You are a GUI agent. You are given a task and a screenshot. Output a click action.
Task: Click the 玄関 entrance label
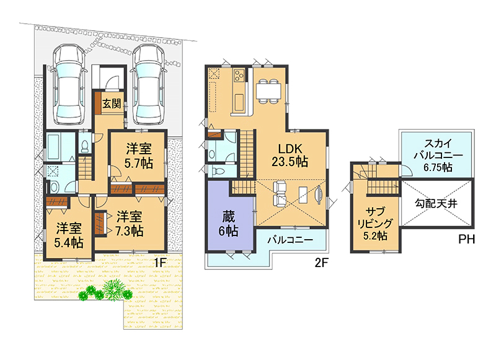tap(112, 103)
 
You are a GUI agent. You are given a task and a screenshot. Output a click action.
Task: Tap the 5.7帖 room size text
tap(138, 164)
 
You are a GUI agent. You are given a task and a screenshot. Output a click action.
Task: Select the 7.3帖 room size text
tap(129, 231)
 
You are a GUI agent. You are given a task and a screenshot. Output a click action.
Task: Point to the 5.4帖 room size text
tap(69, 242)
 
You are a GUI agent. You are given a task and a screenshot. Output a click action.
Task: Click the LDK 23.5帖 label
tap(290, 155)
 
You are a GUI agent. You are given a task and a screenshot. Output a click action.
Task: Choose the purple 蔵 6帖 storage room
tap(230, 216)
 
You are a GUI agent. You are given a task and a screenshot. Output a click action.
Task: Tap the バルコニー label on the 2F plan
tap(290, 240)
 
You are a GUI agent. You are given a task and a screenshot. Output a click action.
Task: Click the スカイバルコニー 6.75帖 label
tap(438, 155)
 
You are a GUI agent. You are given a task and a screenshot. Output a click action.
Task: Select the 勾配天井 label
tap(436, 204)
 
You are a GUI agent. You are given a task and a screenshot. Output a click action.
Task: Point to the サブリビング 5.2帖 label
tap(375, 224)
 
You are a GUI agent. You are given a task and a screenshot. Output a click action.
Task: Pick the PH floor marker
tap(467, 240)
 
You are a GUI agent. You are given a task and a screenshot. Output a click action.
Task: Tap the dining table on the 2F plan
tap(268, 91)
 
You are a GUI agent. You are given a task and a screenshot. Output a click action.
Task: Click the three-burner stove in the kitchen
tap(239, 76)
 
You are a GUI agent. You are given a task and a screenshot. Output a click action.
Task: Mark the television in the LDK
tap(319, 195)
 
